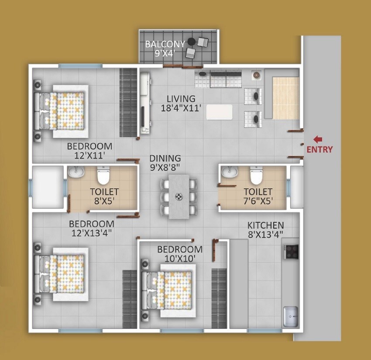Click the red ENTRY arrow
(318, 139)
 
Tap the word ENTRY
(319, 149)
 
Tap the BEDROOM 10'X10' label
(180, 254)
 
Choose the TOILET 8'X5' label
(104, 196)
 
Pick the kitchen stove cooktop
(291, 251)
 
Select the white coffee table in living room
(220, 112)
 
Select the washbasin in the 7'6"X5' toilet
(228, 173)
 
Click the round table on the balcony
(191, 42)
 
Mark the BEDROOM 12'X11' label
(89, 150)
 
